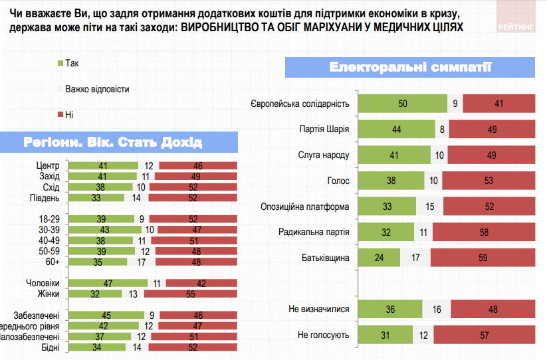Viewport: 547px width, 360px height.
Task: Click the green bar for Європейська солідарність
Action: (402, 104)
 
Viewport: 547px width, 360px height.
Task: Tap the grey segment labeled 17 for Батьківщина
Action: (415, 257)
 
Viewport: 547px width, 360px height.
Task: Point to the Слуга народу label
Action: (323, 155)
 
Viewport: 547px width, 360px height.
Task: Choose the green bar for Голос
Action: (391, 180)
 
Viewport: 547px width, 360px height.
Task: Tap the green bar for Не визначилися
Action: (389, 309)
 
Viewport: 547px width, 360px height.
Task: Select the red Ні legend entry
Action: (66, 114)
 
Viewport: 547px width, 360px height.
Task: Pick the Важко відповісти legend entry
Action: (92, 88)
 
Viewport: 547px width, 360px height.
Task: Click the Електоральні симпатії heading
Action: (410, 68)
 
